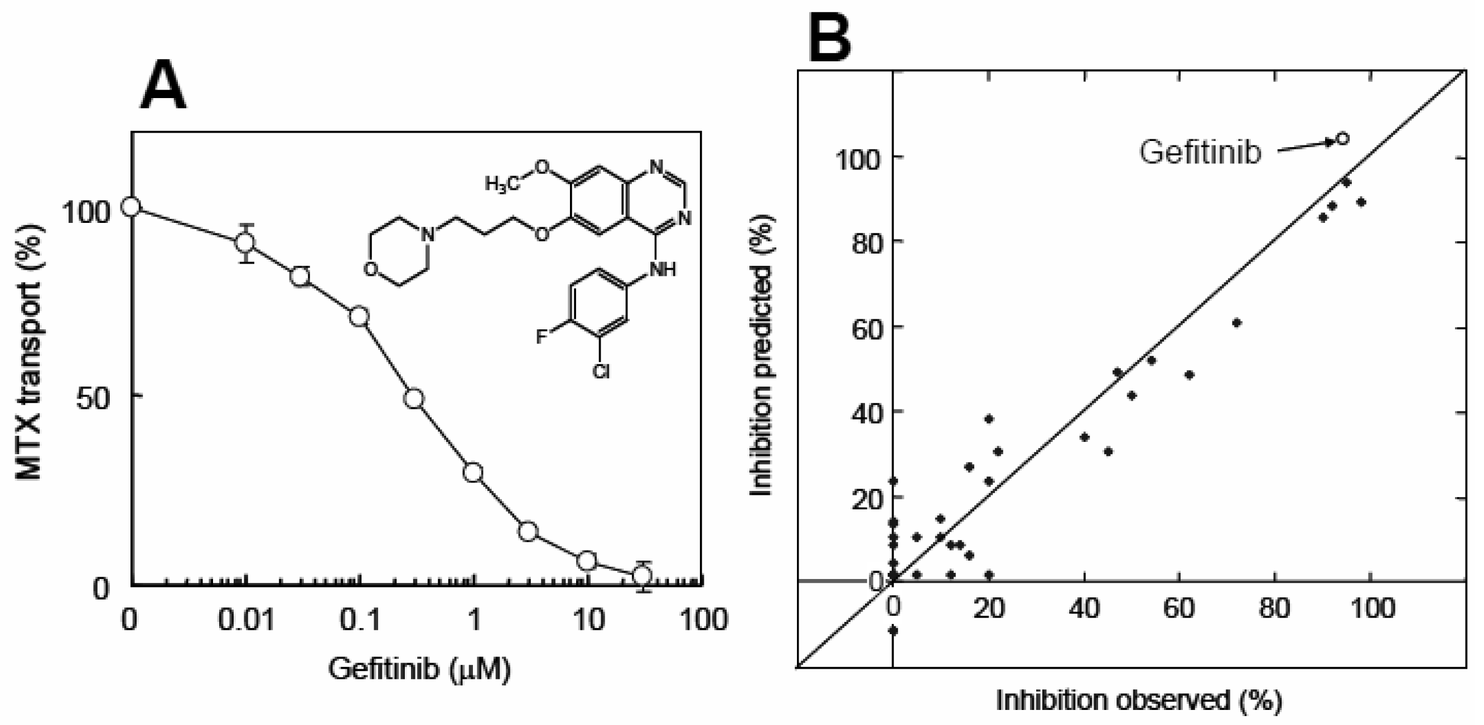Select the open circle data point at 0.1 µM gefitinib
[360, 317]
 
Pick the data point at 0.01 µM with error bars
[246, 242]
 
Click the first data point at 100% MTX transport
[132, 207]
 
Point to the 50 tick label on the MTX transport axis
[92, 397]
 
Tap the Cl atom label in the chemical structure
[601, 373]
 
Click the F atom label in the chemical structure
[541, 336]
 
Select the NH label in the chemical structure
[663, 269]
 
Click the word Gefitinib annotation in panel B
[1201, 153]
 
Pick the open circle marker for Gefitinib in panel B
[1342, 139]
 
